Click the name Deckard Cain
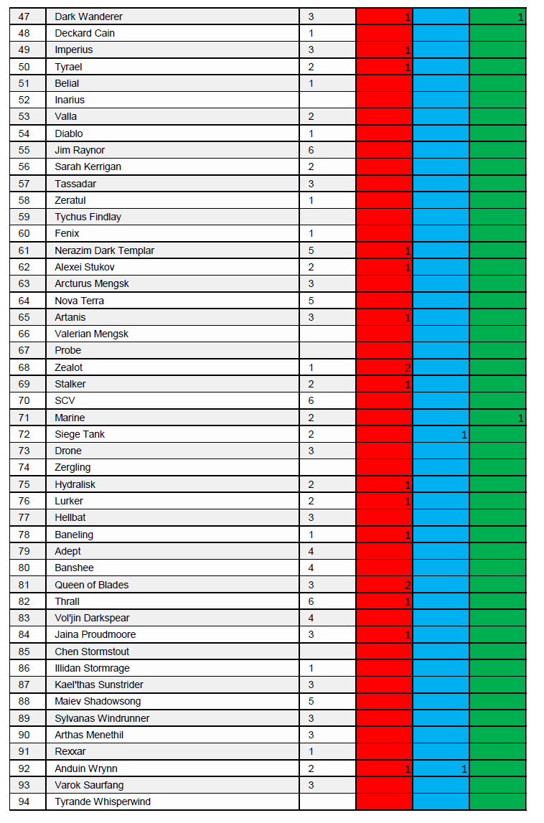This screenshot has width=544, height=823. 85,33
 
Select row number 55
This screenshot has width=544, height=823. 24,150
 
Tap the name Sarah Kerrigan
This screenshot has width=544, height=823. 88,166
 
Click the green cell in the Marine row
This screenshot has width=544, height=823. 498,418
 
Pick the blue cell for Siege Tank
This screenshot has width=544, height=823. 441,434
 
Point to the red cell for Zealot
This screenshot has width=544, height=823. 385,367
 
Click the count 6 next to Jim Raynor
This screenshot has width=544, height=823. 311,150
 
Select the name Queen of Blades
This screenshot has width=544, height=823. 92,585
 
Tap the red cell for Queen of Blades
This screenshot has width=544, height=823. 385,585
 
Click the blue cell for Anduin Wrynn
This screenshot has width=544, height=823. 441,768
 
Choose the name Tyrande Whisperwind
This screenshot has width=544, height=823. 103,801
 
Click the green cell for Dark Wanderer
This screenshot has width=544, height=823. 498,17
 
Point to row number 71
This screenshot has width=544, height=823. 24,418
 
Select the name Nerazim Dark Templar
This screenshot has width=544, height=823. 105,250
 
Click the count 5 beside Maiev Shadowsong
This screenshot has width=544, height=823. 311,701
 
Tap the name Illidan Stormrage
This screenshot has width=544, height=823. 93,668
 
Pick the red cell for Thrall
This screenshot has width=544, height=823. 385,601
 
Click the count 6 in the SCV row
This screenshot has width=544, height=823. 311,400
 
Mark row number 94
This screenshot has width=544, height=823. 24,801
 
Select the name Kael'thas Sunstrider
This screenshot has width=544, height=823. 99,685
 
